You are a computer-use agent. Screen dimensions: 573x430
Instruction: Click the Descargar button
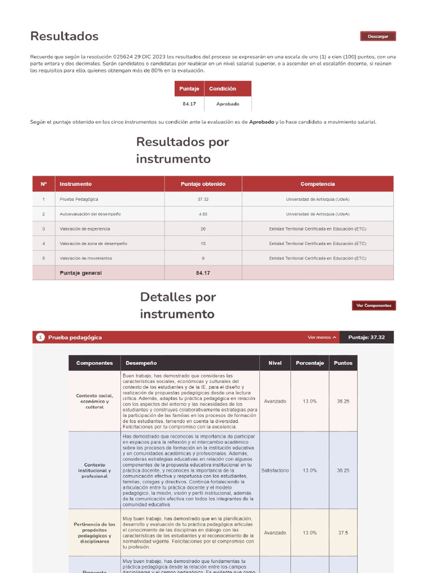pos(377,36)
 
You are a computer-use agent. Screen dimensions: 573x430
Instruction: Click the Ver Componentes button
pos(373,306)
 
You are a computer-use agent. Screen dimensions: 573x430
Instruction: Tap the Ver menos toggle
pos(322,337)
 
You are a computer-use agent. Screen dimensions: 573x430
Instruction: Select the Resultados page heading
pos(64,36)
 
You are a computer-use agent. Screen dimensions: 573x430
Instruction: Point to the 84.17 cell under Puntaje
pos(189,104)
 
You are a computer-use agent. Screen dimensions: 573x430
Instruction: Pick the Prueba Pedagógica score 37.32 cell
pos(203,199)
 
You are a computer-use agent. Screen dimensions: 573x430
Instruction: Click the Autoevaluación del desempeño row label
pos(90,214)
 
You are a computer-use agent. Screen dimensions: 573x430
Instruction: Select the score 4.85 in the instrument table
pos(203,214)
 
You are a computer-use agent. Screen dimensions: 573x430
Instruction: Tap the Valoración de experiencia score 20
pos(203,229)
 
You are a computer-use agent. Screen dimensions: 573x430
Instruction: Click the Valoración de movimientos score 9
pos(203,258)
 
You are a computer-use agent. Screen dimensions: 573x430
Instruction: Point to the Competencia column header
pos(317,184)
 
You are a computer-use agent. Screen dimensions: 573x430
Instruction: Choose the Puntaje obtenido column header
pos(203,184)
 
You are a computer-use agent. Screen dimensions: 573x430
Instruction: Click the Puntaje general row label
pos(81,273)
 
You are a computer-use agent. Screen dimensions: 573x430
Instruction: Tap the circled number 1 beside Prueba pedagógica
pos(40,337)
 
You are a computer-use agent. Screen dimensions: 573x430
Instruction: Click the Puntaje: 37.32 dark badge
pos(366,337)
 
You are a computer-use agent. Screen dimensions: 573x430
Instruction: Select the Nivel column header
pos(275,363)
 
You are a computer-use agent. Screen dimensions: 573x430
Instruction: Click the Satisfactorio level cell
pos(275,471)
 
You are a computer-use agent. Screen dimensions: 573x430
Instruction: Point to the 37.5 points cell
pos(343,533)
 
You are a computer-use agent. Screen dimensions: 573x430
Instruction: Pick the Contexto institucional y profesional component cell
pos(95,471)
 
